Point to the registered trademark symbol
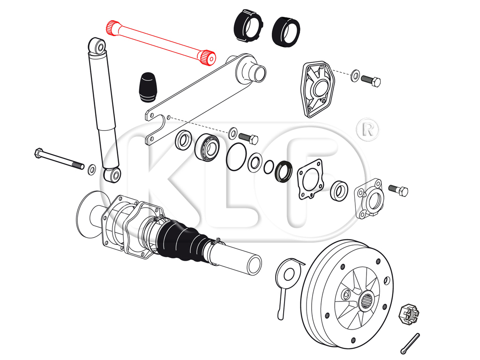(x=368, y=129)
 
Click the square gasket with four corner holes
(x=310, y=179)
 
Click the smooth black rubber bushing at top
(x=286, y=32)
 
